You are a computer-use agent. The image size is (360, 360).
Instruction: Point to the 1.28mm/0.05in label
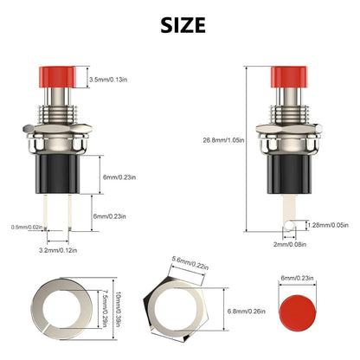coord(330,224)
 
